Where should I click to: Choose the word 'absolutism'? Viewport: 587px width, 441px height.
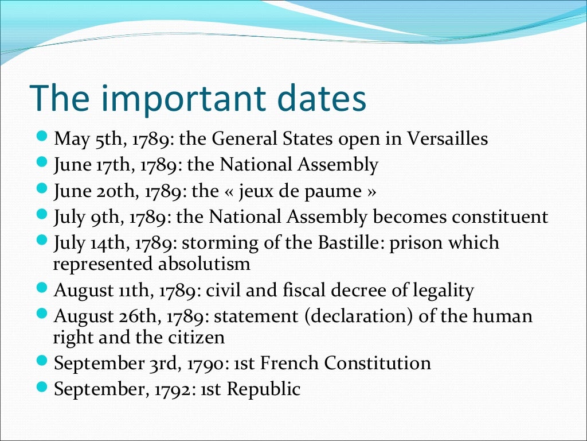tap(210, 264)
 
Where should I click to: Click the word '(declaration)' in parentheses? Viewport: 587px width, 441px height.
tap(360, 316)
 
